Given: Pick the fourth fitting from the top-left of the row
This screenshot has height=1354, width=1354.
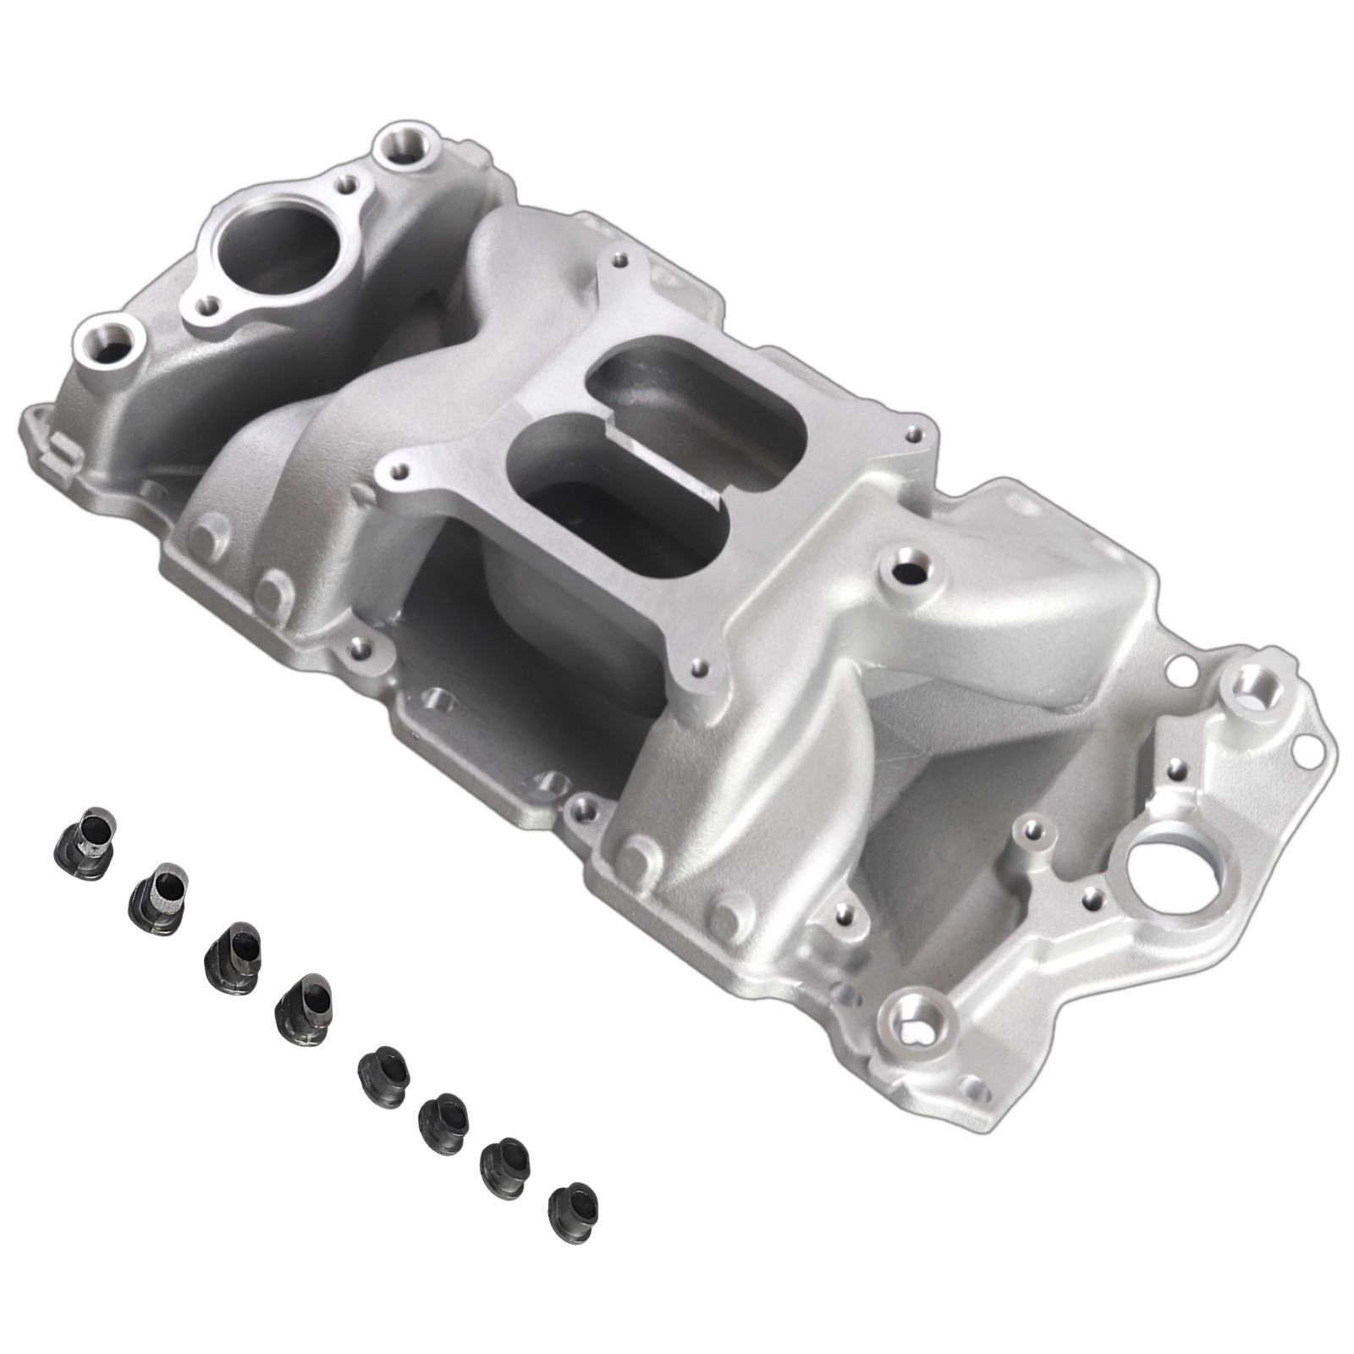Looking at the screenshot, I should coord(303,1004).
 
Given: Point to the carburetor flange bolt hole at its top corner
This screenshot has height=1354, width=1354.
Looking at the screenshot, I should coord(622,259).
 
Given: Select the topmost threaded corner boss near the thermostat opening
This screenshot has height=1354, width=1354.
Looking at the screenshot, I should coord(404,146).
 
